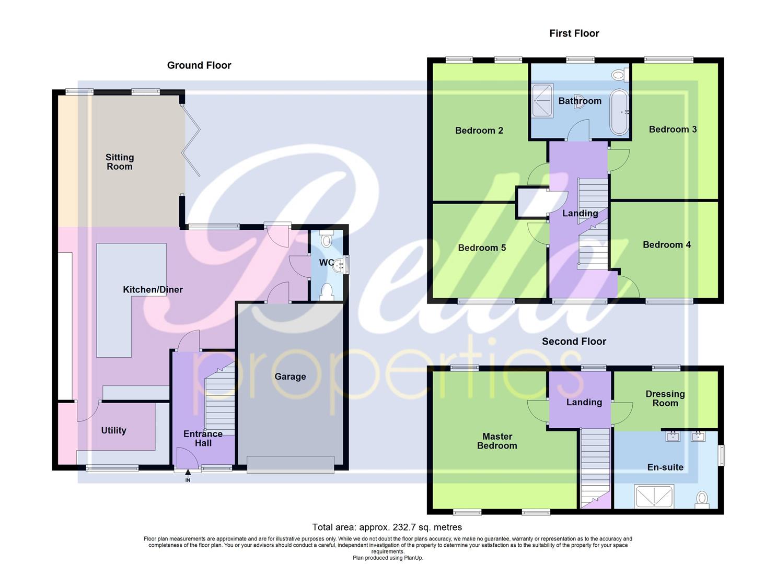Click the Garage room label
[290, 377]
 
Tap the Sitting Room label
[120, 162]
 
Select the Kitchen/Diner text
[153, 290]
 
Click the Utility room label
[113, 430]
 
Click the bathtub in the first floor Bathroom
[620, 112]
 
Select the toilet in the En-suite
[702, 499]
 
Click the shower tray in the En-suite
[654, 496]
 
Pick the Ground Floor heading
[199, 65]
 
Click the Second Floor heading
[574, 342]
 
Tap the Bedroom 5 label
[482, 248]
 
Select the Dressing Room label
[665, 398]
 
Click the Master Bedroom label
[497, 441]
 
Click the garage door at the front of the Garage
[290, 464]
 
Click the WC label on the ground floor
[326, 263]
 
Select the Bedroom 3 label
[673, 130]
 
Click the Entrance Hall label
[203, 438]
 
